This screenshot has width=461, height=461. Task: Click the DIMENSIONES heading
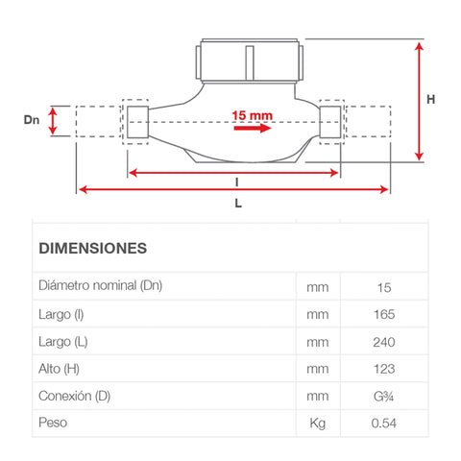click(92, 248)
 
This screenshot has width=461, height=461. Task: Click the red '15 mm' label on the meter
click(253, 114)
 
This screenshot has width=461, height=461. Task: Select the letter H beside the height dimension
click(431, 99)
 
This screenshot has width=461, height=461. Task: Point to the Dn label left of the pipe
click(32, 120)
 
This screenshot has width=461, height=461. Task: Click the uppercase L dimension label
click(237, 204)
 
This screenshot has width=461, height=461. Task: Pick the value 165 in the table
click(383, 314)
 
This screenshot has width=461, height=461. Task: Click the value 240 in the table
click(383, 341)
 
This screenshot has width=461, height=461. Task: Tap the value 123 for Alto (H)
click(383, 368)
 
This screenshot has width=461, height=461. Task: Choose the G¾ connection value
click(383, 395)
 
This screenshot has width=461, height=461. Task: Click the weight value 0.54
click(383, 423)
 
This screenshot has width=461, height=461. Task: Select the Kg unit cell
click(317, 423)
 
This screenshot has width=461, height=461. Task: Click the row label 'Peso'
click(53, 423)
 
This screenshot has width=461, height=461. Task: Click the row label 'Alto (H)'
click(61, 368)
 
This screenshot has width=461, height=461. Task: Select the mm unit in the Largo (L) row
click(317, 341)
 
